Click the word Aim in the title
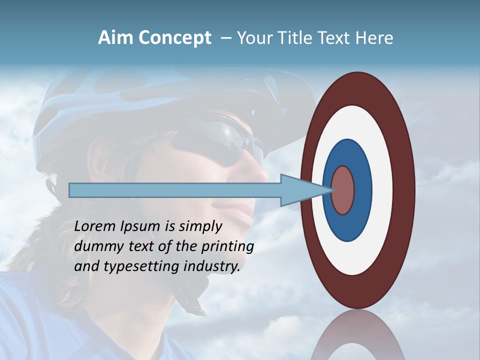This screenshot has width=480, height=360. [x=115, y=38]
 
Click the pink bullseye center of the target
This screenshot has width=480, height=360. [x=343, y=190]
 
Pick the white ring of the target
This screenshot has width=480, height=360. [x=380, y=190]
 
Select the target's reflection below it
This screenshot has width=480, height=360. [x=358, y=337]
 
